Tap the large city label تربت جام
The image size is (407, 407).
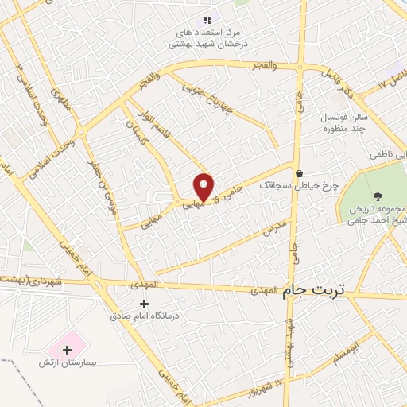[x=316, y=291]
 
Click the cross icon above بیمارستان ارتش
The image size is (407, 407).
[x=66, y=348]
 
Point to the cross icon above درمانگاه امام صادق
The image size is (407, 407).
[x=144, y=303]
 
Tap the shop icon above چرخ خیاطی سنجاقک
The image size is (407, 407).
[x=299, y=174]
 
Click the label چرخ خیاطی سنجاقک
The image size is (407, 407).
[x=312, y=186]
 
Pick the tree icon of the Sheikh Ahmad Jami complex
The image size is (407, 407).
[x=376, y=194]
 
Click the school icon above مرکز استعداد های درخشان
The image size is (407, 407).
[x=207, y=19]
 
